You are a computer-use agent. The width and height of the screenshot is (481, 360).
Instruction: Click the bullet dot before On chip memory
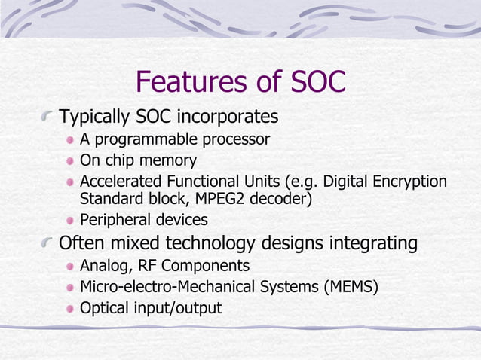click(70, 160)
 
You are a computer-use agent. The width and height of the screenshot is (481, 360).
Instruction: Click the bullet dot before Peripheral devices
click(70, 221)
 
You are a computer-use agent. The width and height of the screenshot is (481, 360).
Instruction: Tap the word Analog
click(103, 266)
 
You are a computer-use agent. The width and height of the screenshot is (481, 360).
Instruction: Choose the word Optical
click(104, 308)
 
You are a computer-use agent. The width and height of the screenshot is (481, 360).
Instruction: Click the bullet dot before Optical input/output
click(70, 308)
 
